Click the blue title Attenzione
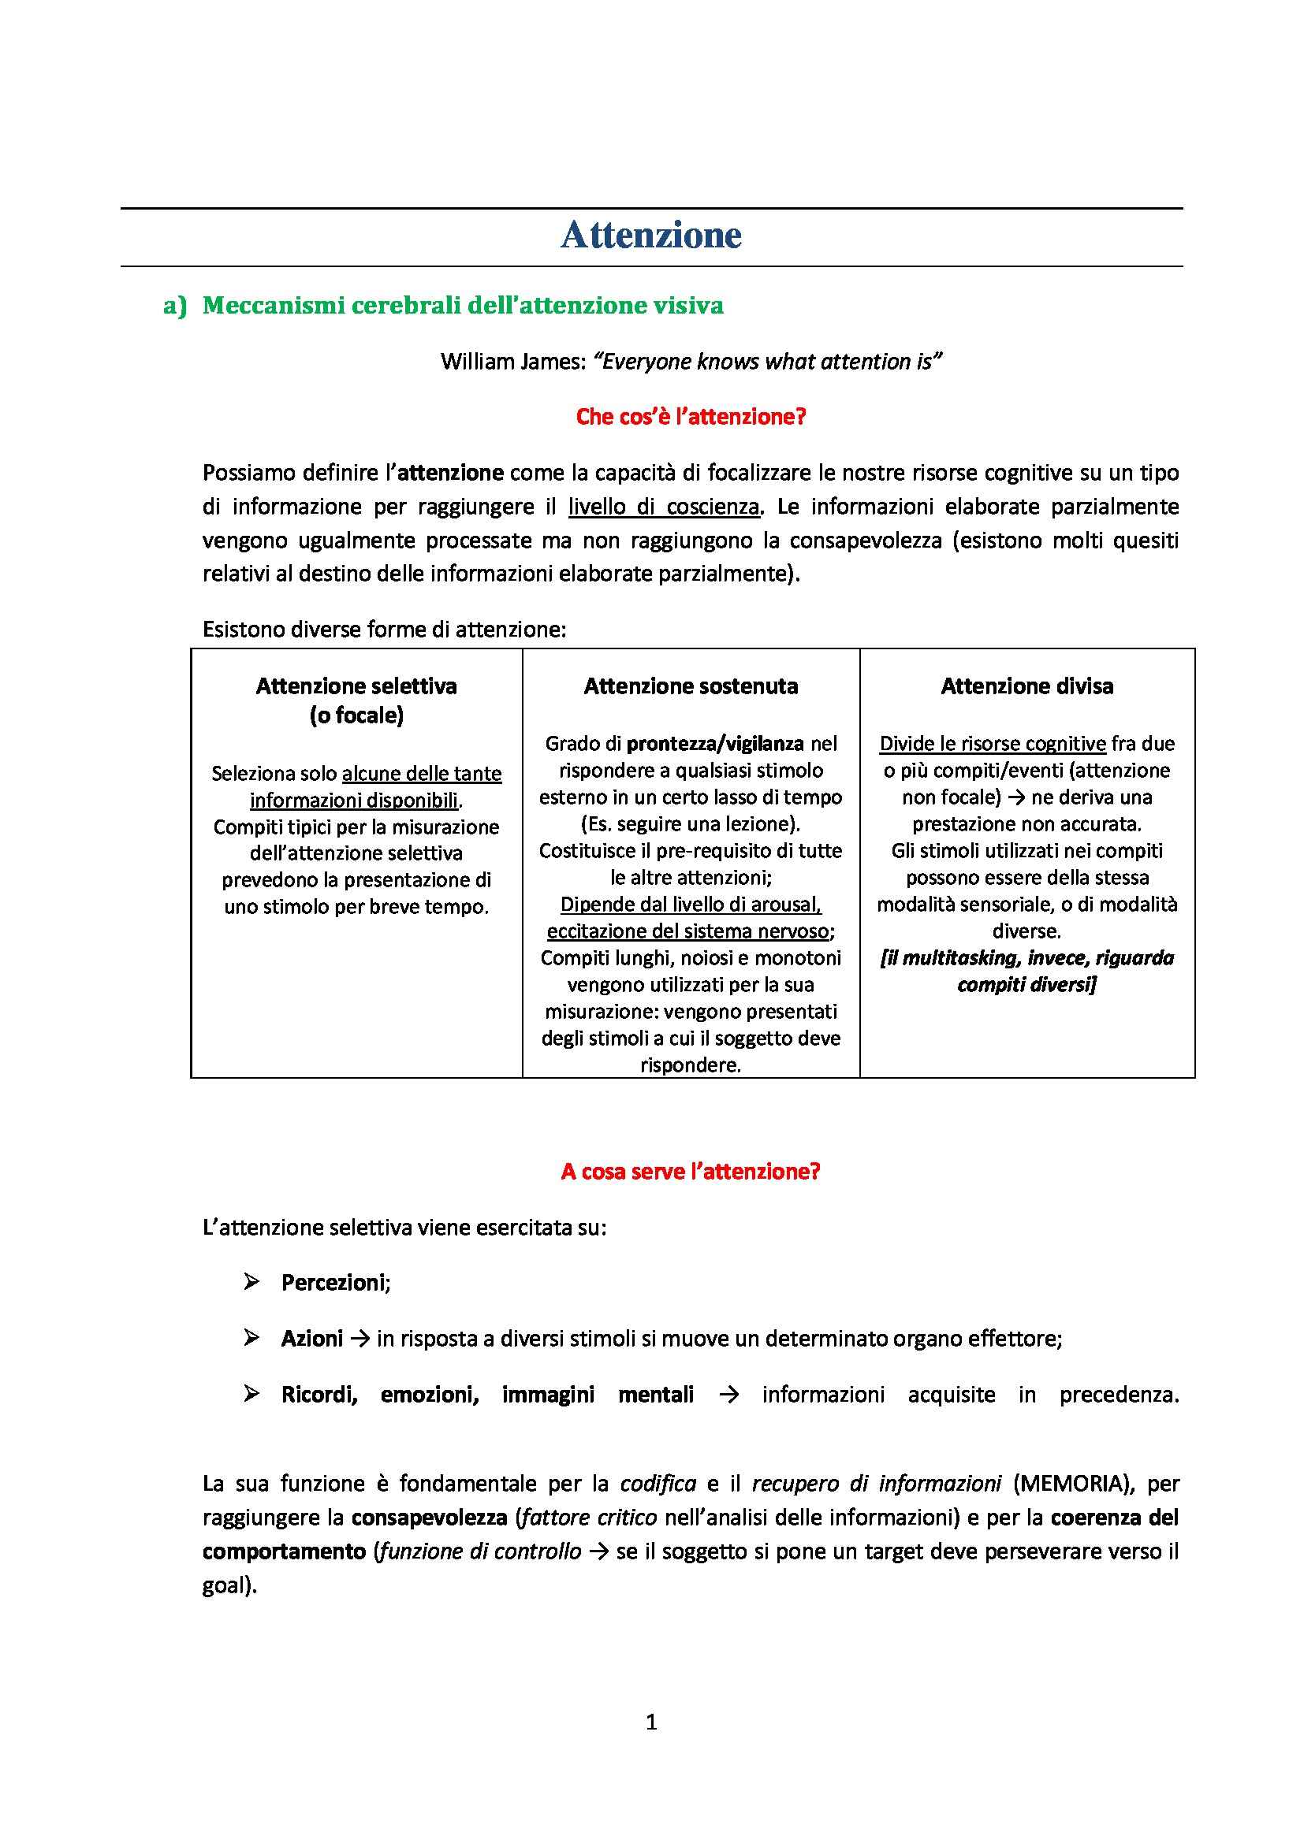[x=650, y=235]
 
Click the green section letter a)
[x=174, y=306]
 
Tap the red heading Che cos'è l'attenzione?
[x=691, y=417]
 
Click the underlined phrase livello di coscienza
[x=663, y=507]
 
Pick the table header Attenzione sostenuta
[x=691, y=686]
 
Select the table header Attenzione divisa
[x=1026, y=686]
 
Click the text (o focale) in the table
[x=356, y=715]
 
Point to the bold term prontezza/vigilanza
[x=714, y=744]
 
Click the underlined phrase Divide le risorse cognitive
[x=993, y=744]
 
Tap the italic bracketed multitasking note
[x=1026, y=972]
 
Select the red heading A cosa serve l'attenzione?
[x=691, y=1172]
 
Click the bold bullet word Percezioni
[x=334, y=1283]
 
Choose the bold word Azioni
[x=311, y=1339]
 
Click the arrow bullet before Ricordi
[x=251, y=1395]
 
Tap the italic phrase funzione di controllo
[x=480, y=1551]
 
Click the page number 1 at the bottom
[x=651, y=1722]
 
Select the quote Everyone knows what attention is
[x=767, y=362]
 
